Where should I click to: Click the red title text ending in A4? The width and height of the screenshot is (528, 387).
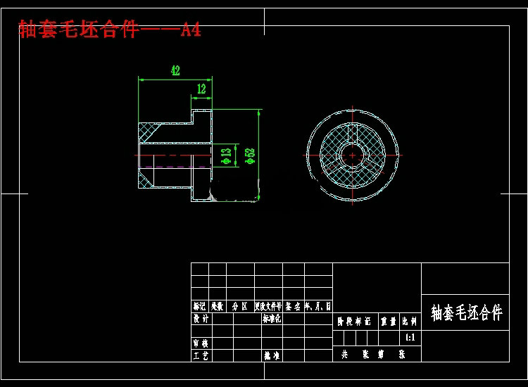tap(110, 30)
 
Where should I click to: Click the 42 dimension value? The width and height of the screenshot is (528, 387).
tap(175, 70)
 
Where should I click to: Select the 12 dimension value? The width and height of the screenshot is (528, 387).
tap(201, 89)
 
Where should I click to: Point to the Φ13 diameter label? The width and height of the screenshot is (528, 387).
tap(225, 156)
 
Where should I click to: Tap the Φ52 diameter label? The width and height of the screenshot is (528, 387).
tap(249, 156)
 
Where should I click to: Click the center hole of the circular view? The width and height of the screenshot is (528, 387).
tap(350, 154)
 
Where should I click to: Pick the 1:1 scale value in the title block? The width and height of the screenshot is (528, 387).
tap(410, 338)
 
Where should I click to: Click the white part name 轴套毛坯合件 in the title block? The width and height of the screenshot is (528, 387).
tap(466, 313)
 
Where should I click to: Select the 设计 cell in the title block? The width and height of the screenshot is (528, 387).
tap(201, 319)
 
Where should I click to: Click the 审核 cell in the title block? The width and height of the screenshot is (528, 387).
tap(201, 343)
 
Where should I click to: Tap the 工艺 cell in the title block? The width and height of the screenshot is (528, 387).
tap(201, 356)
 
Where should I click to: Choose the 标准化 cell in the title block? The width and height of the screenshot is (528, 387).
tap(272, 319)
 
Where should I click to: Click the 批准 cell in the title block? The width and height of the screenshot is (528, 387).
tap(272, 356)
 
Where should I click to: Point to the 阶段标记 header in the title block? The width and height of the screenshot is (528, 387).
tap(354, 321)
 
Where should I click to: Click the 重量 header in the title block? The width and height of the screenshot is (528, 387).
tap(389, 321)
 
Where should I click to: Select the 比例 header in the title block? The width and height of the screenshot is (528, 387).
tap(410, 321)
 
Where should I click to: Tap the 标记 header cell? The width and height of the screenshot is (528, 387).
tap(200, 306)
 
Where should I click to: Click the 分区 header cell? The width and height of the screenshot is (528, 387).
tap(239, 306)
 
